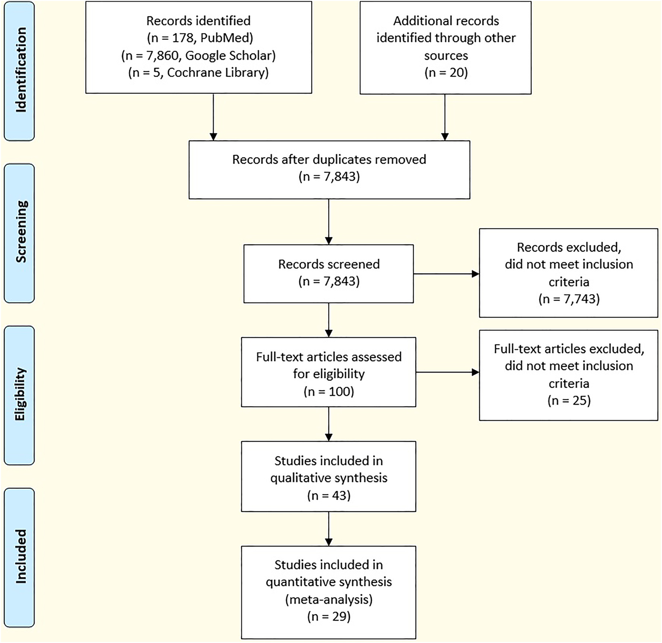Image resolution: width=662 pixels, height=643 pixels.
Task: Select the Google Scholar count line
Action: coord(199,55)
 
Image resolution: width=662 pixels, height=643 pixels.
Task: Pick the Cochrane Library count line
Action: coord(199,73)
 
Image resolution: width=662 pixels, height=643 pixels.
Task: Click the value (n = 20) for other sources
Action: coord(446,73)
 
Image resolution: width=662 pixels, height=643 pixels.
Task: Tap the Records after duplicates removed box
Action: coord(329,169)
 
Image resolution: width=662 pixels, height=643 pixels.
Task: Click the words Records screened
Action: coord(329,264)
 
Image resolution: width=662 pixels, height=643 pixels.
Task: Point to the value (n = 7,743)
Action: coord(569,299)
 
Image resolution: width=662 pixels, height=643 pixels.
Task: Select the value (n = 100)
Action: coord(329,391)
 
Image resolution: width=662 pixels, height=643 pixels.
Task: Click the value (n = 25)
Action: coord(569,400)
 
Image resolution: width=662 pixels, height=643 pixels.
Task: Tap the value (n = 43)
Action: coord(329,495)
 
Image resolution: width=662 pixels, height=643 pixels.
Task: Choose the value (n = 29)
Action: coord(329,617)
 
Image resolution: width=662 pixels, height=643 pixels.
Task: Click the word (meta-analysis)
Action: coord(329,599)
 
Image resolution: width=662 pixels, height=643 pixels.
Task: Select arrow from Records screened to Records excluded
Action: coord(446,274)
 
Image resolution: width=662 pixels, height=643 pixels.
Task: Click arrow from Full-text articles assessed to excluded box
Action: coord(447,372)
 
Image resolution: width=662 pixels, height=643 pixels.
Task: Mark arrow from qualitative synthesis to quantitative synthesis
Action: coord(329,528)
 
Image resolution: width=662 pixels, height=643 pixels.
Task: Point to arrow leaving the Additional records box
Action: coord(445,117)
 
